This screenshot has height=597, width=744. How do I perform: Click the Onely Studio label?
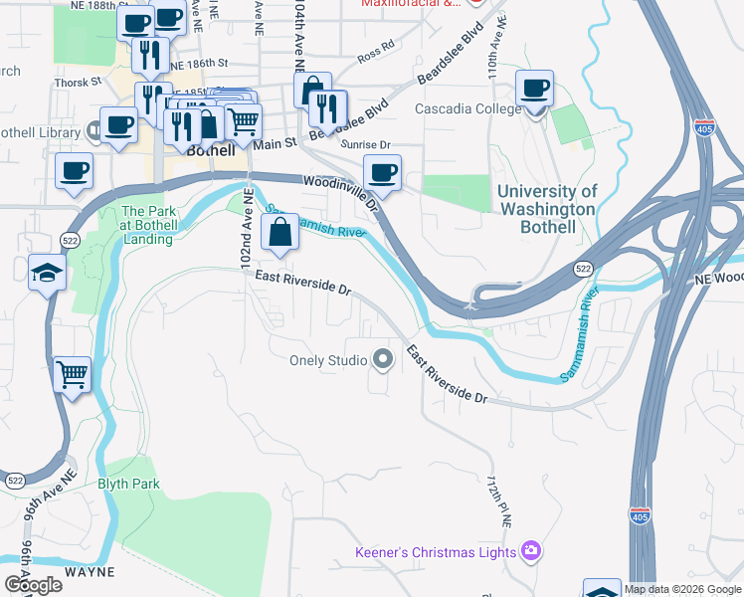point(328,360)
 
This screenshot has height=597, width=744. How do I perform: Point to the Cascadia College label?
point(466,108)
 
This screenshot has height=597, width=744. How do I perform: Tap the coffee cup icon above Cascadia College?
point(535,87)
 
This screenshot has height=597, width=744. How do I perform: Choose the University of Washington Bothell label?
point(546,209)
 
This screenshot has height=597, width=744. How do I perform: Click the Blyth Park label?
point(128,484)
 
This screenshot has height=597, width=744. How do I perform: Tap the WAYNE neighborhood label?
point(91,572)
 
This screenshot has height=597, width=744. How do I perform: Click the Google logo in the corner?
point(32,584)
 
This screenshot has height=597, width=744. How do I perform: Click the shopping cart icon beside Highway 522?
point(73,375)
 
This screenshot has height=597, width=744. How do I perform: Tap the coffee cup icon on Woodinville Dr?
point(382,173)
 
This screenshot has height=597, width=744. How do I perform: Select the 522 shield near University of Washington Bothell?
point(585,270)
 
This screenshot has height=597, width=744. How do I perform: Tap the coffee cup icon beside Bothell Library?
point(118,125)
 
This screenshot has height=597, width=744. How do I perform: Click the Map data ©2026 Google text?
point(682,589)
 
